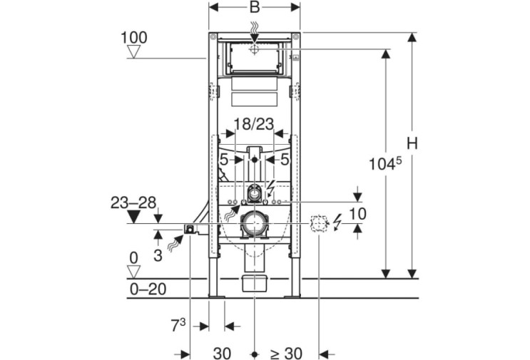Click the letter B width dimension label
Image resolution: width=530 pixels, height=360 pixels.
click(255, 6)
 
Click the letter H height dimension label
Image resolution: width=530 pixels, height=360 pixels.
click(412, 143)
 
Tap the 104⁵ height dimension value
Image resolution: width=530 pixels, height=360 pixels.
click(385, 164)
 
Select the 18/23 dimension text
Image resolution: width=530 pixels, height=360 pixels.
click(254, 124)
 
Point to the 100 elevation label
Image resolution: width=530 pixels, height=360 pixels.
click(134, 38)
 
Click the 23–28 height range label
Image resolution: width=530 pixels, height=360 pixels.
click(133, 202)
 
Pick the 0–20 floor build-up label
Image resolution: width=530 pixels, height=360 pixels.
click(148, 289)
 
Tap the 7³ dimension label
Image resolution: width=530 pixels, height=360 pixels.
click(178, 326)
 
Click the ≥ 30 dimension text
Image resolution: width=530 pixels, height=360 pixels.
click(286, 354)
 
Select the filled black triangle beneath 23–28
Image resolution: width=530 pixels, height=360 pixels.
click(134, 216)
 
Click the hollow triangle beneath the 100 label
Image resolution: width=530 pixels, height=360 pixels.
click(134, 52)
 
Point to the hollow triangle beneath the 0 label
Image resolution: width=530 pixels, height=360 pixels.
click(134, 272)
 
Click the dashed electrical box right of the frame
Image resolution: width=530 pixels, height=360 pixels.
click(319, 224)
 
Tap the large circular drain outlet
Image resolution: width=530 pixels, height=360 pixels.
click(255, 223)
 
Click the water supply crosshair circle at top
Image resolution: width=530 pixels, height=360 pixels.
click(254, 49)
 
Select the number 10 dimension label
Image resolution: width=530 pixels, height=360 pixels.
click(357, 214)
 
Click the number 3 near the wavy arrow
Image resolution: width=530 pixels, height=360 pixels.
click(158, 256)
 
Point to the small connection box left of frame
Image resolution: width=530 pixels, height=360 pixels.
click(190, 229)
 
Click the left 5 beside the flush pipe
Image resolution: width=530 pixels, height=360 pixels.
click(224, 160)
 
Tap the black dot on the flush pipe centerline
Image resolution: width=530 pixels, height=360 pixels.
click(255, 160)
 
